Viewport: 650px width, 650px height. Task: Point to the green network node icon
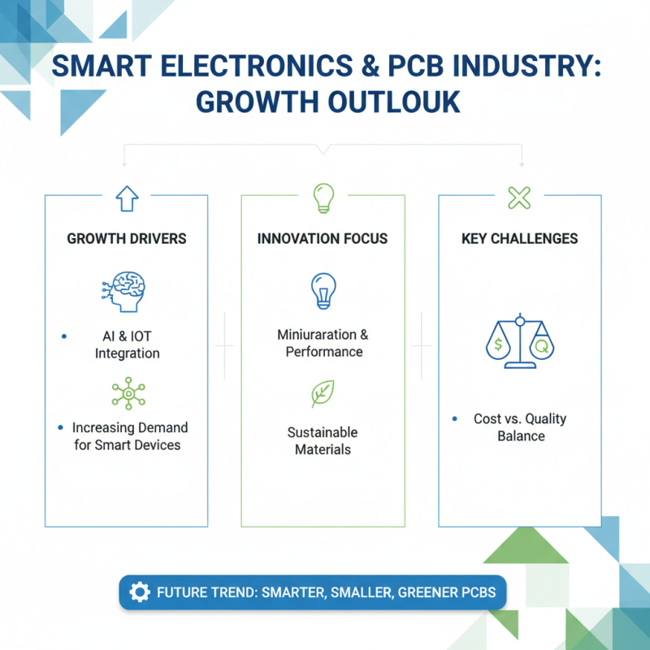pos(126,393)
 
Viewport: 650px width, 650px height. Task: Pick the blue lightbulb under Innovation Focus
pos(323,291)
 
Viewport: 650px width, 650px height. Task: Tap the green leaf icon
pos(323,393)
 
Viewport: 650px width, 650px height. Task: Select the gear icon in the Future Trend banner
pos(139,592)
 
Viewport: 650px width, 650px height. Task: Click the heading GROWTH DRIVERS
pos(126,239)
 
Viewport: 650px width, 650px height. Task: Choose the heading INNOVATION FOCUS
pos(323,239)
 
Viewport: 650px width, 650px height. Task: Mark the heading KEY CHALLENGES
pos(520,239)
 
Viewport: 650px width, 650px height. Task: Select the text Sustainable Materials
pos(323,440)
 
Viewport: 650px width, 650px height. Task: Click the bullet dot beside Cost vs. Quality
pos(453,418)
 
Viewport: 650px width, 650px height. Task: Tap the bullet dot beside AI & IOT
pos(63,336)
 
